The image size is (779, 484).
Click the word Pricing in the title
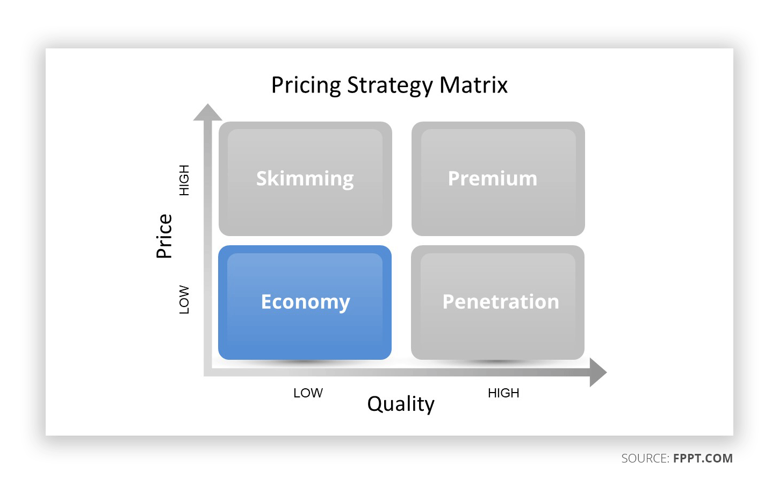tap(306, 86)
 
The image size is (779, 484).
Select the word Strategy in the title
tap(390, 86)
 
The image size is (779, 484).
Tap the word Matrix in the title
tap(473, 85)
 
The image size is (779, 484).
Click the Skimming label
tap(305, 179)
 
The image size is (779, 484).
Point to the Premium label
tap(493, 179)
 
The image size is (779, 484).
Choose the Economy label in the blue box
tap(305, 302)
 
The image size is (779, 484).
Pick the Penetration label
tap(501, 302)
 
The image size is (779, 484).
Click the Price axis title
tap(164, 236)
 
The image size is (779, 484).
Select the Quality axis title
tap(401, 404)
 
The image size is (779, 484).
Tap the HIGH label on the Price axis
tap(184, 180)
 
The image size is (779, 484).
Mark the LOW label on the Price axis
tap(184, 300)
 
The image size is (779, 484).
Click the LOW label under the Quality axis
tap(308, 393)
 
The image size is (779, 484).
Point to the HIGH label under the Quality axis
tap(503, 393)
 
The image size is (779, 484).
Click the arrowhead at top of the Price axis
tap(207, 112)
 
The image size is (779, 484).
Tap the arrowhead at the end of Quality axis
tap(598, 373)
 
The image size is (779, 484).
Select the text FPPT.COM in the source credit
tap(703, 458)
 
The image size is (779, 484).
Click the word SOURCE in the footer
tap(644, 458)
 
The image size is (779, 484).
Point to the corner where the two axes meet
tap(207, 372)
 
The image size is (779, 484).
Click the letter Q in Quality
tap(375, 404)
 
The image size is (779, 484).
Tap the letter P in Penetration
tap(448, 302)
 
